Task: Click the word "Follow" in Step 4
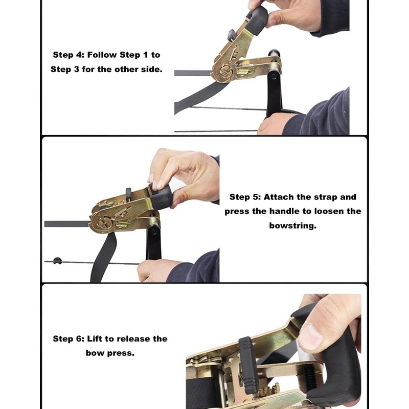coord(102,55)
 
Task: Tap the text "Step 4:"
coord(67,55)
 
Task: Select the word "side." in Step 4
coord(152,69)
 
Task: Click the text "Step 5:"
coord(245,197)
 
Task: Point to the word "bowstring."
coord(292,225)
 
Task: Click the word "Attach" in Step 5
coord(279,197)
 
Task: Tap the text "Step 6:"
coord(69,339)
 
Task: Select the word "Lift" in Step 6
coord(95,339)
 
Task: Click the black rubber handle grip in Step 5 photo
coord(161,196)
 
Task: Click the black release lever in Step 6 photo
coord(247,365)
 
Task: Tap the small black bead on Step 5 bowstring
coord(57,261)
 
